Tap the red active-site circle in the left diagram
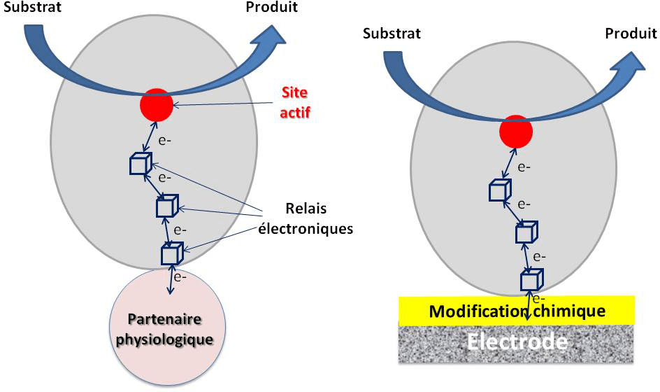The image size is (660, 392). click(x=157, y=106)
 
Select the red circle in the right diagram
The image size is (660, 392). click(x=517, y=132)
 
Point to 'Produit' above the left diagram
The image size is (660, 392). click(x=271, y=8)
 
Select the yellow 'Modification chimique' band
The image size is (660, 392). click(x=517, y=310)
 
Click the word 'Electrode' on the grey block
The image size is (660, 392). click(x=517, y=342)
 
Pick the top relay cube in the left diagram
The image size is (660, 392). click(x=141, y=164)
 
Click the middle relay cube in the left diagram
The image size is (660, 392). click(x=167, y=206)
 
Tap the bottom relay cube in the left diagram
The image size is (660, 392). click(x=171, y=253)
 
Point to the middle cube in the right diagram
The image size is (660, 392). click(x=525, y=233)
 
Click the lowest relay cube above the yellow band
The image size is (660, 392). click(x=531, y=280)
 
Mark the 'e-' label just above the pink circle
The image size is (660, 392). click(x=180, y=276)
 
